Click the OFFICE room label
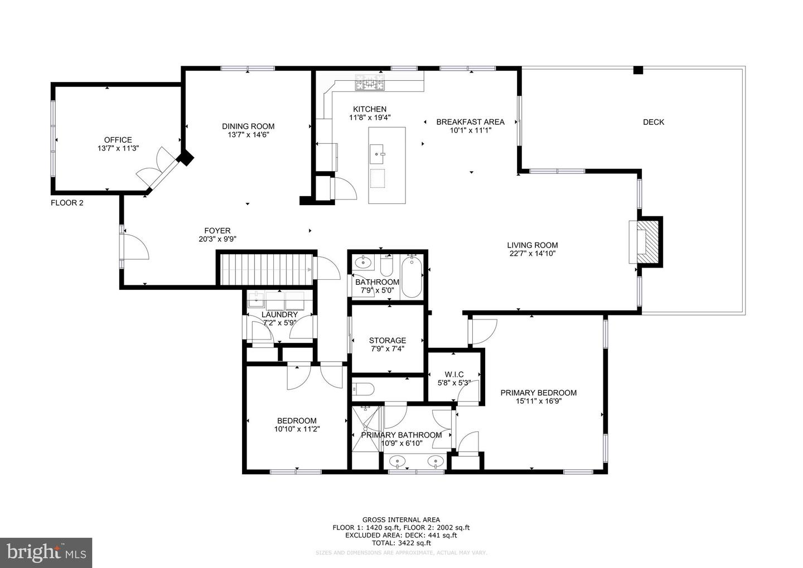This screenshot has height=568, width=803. tap(118, 140)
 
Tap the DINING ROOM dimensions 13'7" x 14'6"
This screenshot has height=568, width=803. tap(248, 134)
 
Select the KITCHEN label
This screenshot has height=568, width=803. tap(369, 109)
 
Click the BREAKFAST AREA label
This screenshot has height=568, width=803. tap(470, 122)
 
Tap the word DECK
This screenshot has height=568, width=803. tap(653, 122)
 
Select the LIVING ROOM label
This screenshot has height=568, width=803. tap(532, 245)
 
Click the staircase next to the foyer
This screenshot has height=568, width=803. tap(266, 269)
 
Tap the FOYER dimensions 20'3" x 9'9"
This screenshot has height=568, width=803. tap(217, 239)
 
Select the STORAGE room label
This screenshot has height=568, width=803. tap(387, 341)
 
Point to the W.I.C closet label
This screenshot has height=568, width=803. tap(454, 374)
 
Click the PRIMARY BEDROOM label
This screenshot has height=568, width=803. tap(538, 392)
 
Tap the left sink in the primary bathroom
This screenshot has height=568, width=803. tap(397, 461)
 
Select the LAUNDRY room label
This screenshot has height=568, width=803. tap(279, 314)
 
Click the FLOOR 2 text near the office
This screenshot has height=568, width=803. tap(67, 203)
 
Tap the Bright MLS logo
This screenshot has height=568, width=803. tap(46, 552)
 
